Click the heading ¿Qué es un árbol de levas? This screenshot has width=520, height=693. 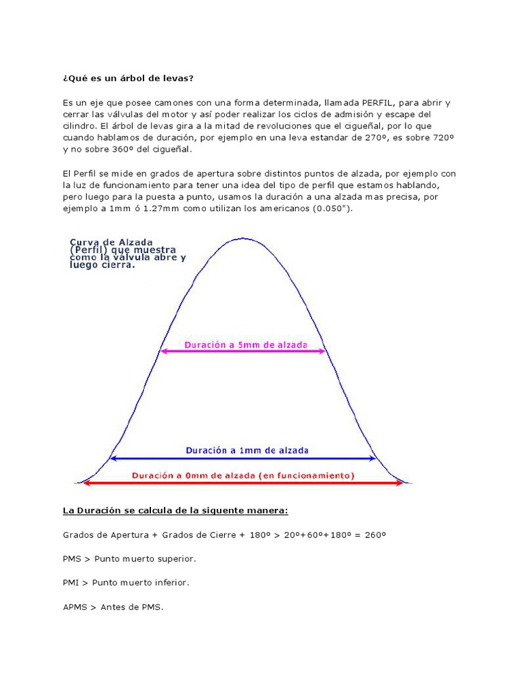point(128,78)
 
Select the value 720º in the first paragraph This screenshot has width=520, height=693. point(439,137)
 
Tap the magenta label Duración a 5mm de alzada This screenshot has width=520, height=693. point(246,344)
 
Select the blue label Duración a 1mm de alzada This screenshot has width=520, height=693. point(247,449)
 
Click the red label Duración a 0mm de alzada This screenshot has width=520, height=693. point(242,475)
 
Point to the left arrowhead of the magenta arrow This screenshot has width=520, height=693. point(163,352)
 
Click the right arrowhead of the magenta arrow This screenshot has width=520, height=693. point(323,352)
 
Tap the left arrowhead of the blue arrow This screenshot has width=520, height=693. point(113,458)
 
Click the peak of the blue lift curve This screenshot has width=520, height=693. point(244,239)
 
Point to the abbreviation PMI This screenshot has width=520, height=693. point(74,582)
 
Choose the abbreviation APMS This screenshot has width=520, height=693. point(76,607)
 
